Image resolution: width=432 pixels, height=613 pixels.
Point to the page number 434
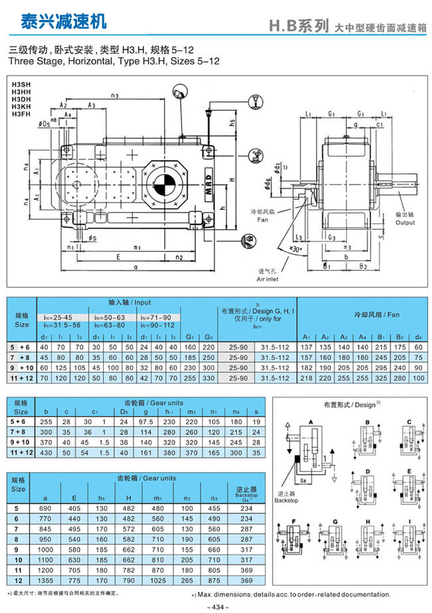pyautogui.click(x=216, y=607)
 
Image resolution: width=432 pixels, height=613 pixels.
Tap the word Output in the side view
pyautogui.click(x=405, y=222)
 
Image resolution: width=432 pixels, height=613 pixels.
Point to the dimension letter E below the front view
pyautogui.click(x=117, y=256)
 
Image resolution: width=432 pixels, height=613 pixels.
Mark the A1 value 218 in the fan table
pyautogui.click(x=306, y=377)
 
